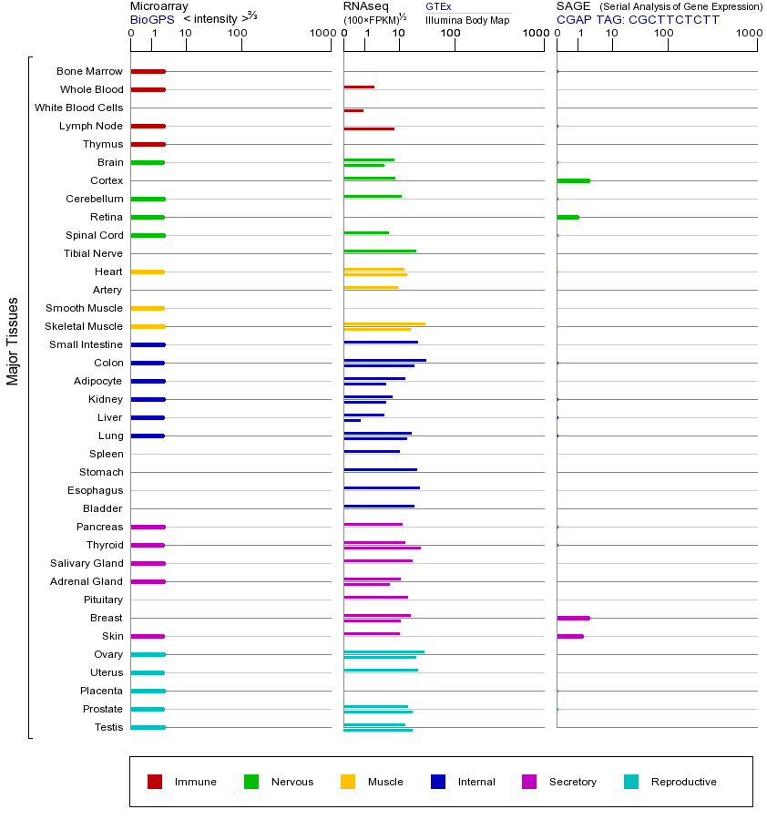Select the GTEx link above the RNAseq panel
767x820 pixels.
click(x=438, y=6)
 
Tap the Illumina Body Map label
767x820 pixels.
click(x=467, y=19)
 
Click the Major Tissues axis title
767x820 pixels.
click(x=13, y=341)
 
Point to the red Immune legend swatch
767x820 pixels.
click(x=155, y=782)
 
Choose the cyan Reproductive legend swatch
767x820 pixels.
click(x=631, y=782)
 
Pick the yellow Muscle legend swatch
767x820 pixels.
click(x=348, y=782)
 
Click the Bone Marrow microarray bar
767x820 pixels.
click(x=148, y=71)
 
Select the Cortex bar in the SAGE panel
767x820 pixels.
click(x=573, y=180)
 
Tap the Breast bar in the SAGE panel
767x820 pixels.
click(x=573, y=618)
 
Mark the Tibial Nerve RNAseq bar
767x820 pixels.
click(x=380, y=251)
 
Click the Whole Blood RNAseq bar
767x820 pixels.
click(x=359, y=87)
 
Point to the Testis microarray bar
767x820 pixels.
click(x=148, y=727)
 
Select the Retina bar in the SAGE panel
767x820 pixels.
click(x=568, y=217)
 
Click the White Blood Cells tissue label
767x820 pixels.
click(x=78, y=108)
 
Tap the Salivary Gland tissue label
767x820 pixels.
click(x=87, y=563)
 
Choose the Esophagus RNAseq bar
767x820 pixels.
click(x=382, y=487)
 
